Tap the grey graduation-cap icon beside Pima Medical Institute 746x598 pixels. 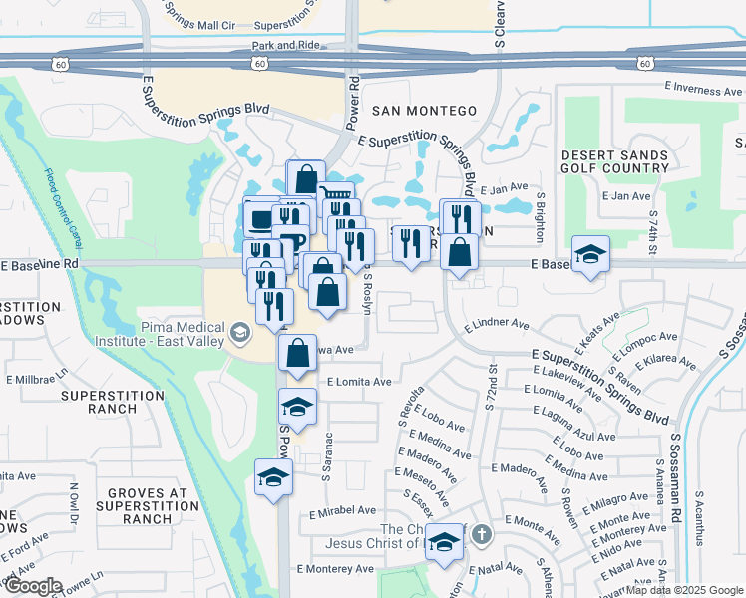pos(239,332)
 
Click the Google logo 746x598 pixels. pos(32,586)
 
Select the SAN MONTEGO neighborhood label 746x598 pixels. pos(424,111)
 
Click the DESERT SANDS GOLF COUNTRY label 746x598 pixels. pos(614,161)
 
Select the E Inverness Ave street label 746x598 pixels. pos(707,90)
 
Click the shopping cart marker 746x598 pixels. pos(336,197)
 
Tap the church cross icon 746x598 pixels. pos(481,535)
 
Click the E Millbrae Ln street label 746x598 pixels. pos(36,379)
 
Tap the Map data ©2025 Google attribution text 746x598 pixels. pos(683,590)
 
